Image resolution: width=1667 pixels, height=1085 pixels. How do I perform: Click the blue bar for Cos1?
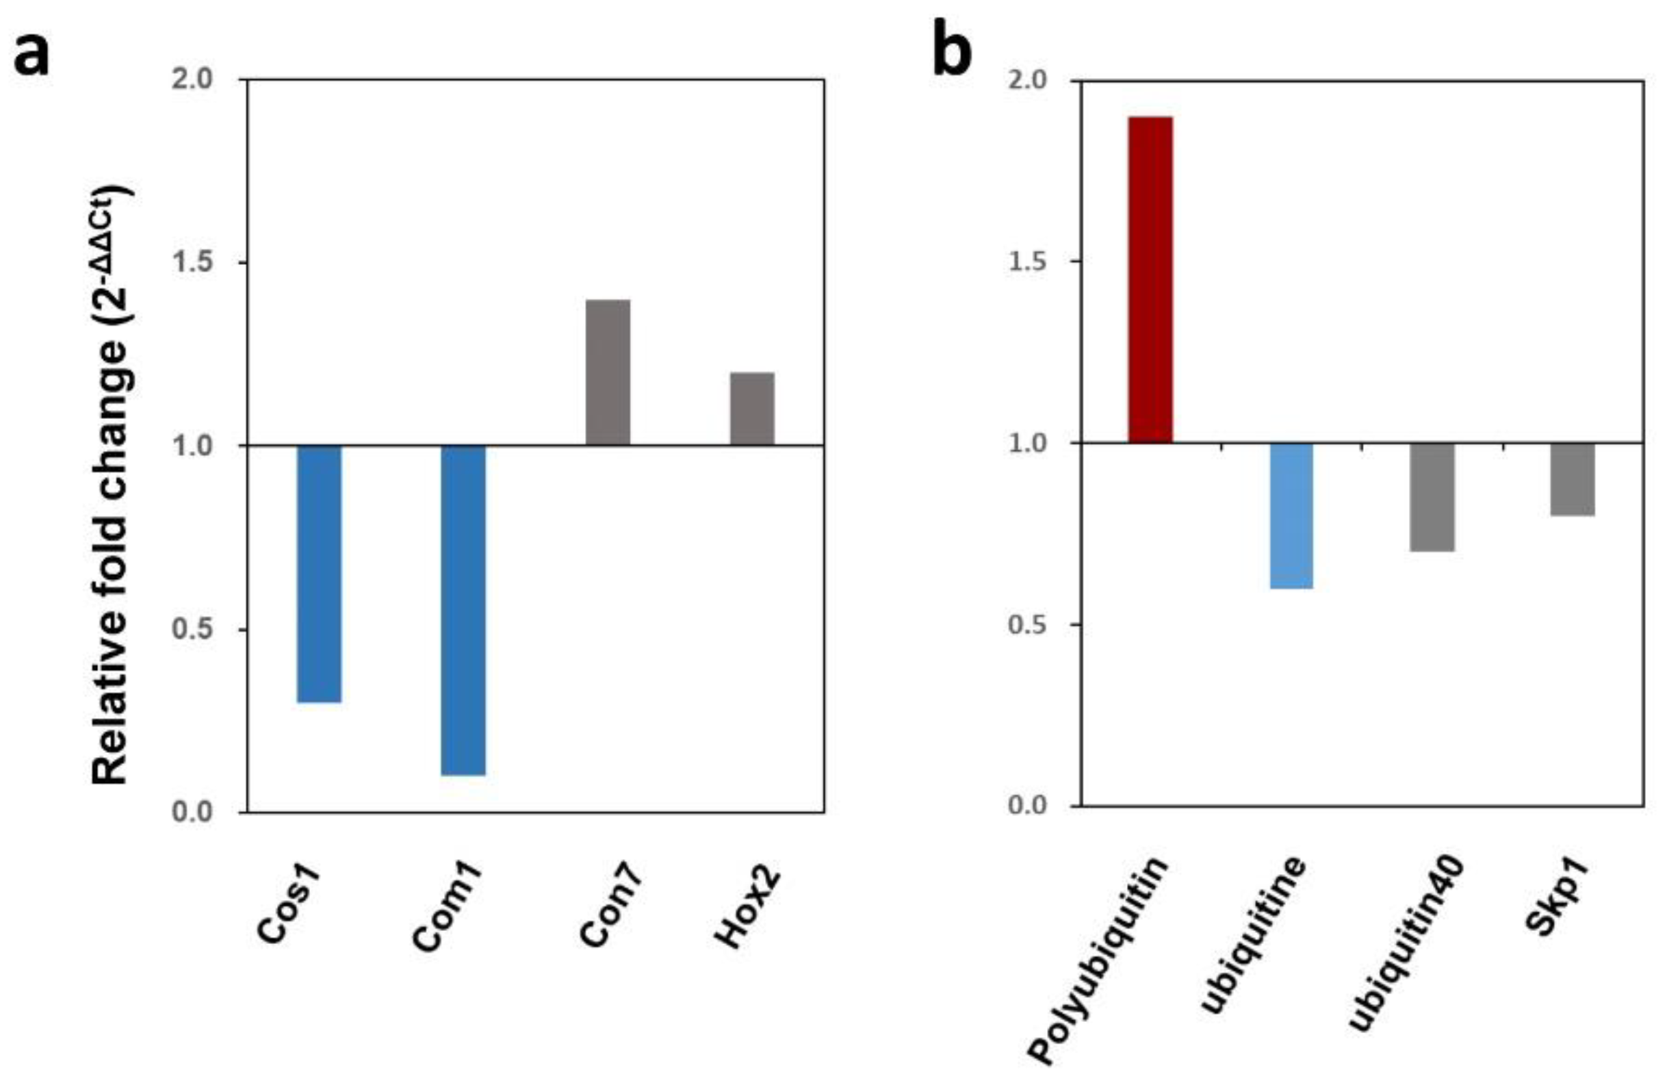319,573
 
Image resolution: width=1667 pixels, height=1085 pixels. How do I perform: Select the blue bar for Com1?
463,609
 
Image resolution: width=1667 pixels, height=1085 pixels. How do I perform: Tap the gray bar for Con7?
607,372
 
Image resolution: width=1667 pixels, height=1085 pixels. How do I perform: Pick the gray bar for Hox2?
751,409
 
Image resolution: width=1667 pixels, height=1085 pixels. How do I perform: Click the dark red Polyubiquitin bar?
1150,279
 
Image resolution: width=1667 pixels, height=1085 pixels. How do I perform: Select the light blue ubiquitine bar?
1291,515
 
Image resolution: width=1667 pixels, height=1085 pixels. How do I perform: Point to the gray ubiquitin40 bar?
1432,496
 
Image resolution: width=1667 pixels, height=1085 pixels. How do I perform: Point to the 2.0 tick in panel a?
192,79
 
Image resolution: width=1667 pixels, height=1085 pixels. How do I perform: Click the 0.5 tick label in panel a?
192,629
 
